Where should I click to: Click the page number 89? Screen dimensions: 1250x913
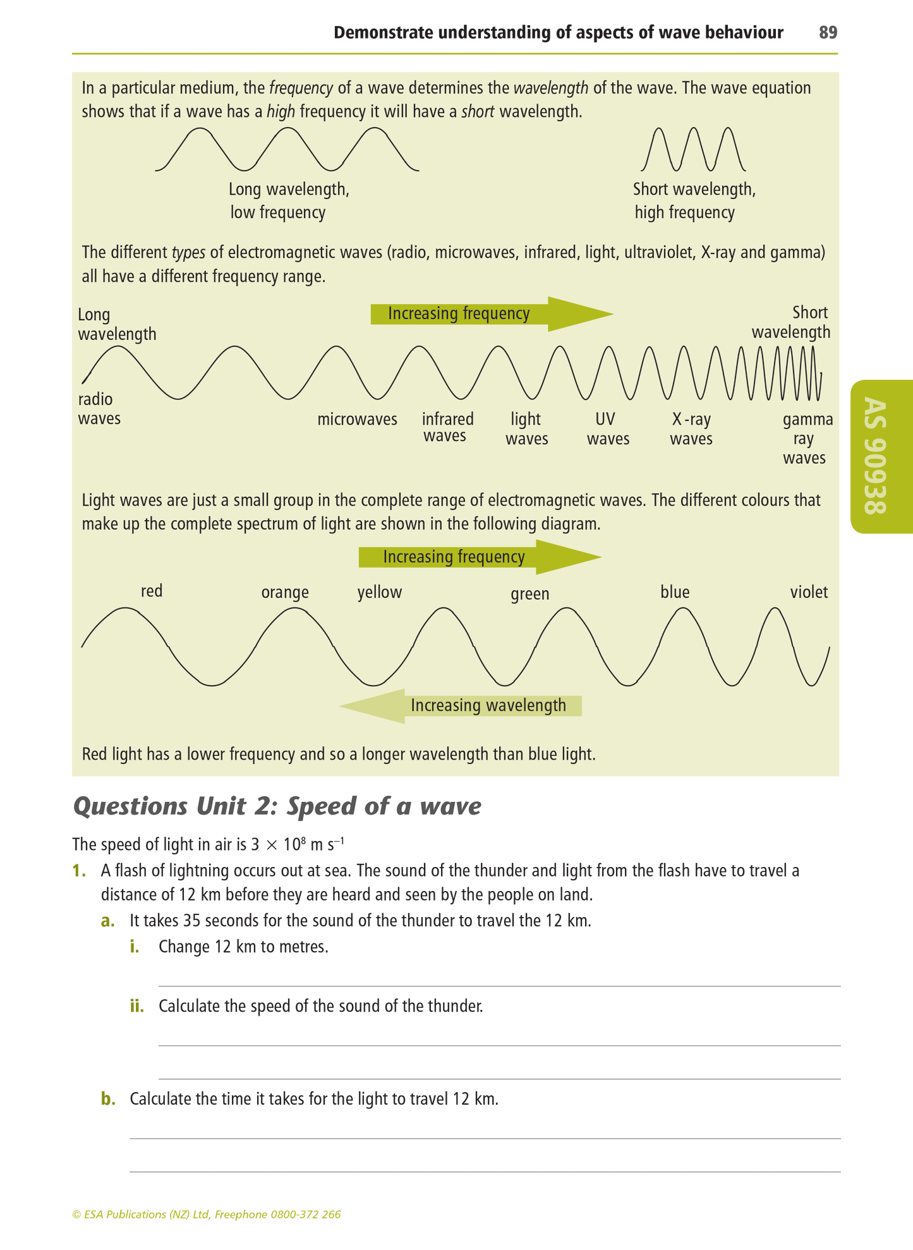click(x=828, y=32)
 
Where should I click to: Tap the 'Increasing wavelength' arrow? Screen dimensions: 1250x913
click(x=461, y=705)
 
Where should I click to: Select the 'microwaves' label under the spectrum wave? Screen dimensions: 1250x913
click(x=357, y=420)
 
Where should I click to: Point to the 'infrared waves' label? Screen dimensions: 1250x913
click(x=447, y=428)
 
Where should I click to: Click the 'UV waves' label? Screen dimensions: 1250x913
click(x=608, y=429)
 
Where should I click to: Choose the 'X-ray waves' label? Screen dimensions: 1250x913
click(x=691, y=429)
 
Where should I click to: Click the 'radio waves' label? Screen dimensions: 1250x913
click(x=99, y=408)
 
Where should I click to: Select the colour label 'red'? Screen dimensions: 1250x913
click(x=152, y=591)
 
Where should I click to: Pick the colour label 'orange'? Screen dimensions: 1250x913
click(x=285, y=593)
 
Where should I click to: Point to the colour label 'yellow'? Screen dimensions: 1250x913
click(x=379, y=593)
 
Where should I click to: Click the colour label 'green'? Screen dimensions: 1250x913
click(x=529, y=594)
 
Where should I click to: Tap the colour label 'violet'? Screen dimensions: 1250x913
click(x=809, y=592)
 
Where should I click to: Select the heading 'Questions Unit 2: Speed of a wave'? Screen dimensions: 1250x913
click(x=277, y=806)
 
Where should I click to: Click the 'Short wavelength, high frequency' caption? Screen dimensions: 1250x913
click(x=694, y=200)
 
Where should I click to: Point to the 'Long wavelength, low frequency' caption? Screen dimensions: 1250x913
click(x=288, y=200)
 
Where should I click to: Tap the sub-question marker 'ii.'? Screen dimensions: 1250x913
click(x=137, y=1005)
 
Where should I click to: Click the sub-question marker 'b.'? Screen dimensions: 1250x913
click(x=108, y=1099)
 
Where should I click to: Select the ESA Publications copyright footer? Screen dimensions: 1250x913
click(x=207, y=1214)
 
